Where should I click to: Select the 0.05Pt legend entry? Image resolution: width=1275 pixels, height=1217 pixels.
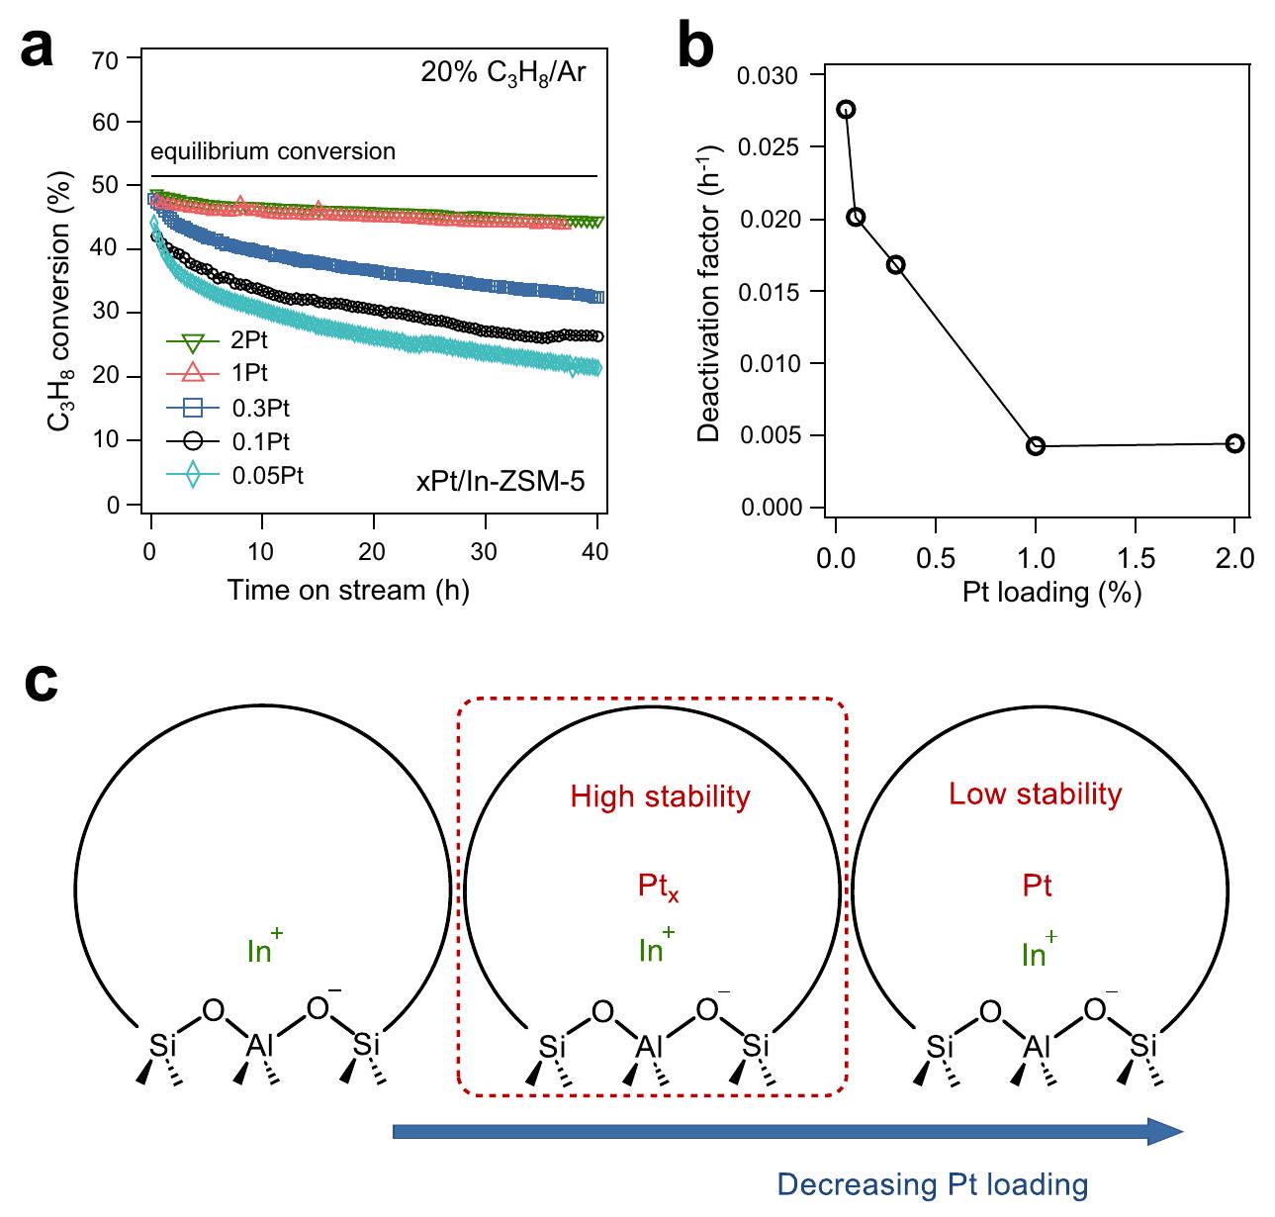[x=234, y=476]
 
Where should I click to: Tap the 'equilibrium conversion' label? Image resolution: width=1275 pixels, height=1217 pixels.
[x=273, y=151]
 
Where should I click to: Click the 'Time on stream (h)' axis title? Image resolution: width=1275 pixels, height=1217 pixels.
[x=348, y=591]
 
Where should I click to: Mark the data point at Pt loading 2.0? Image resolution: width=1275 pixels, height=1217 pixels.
[x=1234, y=443]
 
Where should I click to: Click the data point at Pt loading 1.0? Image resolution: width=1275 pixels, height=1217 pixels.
[x=1036, y=446]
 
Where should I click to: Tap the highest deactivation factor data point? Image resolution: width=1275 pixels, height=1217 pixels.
[x=846, y=109]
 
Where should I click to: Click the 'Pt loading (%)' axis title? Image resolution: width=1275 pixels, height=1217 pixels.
[x=1051, y=593]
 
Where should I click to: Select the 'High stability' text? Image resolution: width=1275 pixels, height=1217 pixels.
[x=660, y=796]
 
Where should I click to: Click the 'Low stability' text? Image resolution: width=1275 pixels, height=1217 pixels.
[x=1036, y=795]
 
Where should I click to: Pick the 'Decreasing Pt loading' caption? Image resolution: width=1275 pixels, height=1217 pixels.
[x=932, y=1184]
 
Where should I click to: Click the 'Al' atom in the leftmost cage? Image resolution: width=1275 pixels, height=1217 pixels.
[x=261, y=1046]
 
